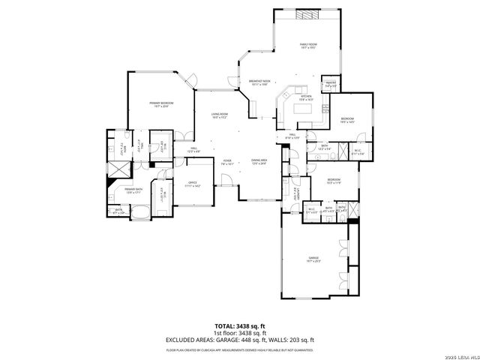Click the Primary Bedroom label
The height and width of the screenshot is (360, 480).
[x=160, y=104]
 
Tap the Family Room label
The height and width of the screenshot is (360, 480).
[x=308, y=47]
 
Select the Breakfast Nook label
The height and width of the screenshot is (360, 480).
[x=259, y=83]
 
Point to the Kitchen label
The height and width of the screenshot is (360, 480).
[x=306, y=97]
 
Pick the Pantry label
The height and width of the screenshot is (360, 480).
[x=330, y=85]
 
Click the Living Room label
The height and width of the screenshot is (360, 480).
[x=219, y=115]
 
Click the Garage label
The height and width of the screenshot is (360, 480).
[x=313, y=259]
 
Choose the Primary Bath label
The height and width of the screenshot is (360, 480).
[x=134, y=190]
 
